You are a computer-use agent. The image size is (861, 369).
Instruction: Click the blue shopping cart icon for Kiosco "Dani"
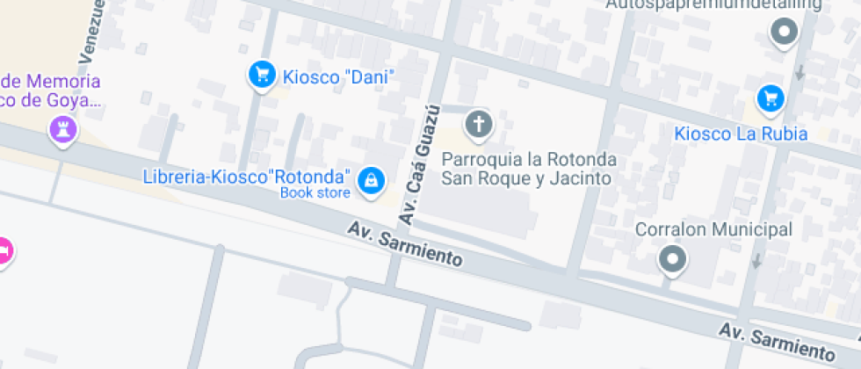click(261, 76)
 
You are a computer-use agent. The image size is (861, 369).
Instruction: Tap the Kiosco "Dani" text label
click(336, 77)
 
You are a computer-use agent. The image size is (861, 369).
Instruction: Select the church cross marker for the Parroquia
click(479, 125)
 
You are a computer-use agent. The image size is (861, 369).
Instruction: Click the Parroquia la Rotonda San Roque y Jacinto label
click(528, 170)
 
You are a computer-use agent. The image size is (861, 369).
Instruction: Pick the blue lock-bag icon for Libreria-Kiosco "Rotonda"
click(372, 181)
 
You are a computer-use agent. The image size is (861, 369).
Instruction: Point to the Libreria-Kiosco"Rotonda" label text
click(247, 176)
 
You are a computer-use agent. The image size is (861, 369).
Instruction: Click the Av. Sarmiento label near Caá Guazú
click(404, 243)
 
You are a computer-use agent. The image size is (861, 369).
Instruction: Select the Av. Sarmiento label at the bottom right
click(776, 342)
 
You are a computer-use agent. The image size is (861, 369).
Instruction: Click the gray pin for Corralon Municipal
click(673, 259)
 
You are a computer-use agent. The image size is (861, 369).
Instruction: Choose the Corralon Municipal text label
click(713, 230)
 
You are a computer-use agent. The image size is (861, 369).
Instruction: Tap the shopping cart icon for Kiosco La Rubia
click(771, 98)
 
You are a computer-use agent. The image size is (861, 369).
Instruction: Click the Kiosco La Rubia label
click(741, 134)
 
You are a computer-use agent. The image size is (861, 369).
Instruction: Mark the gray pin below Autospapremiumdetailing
click(783, 34)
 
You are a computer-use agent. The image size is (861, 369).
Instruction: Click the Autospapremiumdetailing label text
click(713, 5)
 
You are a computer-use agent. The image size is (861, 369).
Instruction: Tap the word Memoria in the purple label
click(63, 82)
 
